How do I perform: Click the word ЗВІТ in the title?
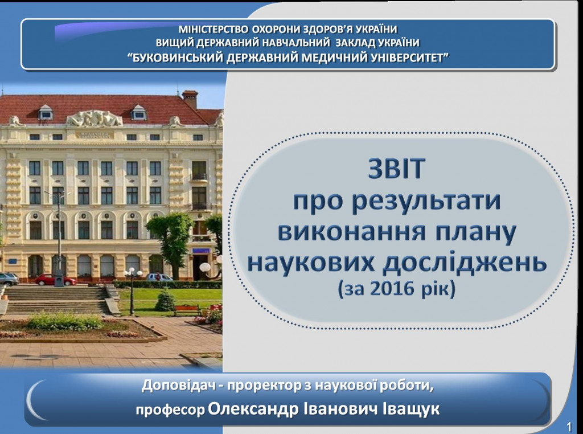(396, 168)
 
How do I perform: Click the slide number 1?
(569, 426)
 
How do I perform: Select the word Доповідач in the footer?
(178, 386)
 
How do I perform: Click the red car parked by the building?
(55, 280)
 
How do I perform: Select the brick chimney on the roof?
(190, 99)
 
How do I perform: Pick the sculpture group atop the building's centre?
(95, 118)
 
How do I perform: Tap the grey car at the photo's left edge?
(9, 279)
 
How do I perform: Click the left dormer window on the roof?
(46, 112)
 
